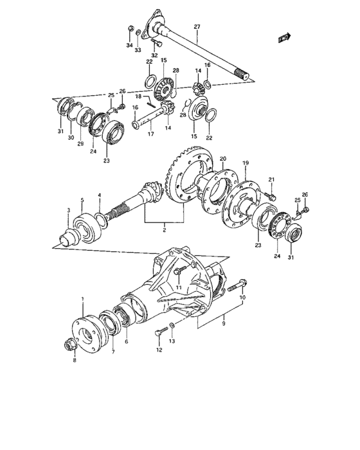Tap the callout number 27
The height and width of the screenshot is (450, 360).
click(x=197, y=26)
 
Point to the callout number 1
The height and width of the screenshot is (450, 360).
click(x=82, y=300)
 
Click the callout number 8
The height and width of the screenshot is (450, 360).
click(x=74, y=361)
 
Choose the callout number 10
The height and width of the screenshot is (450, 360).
click(x=242, y=298)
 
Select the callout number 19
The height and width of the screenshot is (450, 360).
click(x=245, y=163)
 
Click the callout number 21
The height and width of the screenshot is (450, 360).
click(x=271, y=179)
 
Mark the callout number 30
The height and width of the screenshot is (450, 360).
click(x=71, y=138)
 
